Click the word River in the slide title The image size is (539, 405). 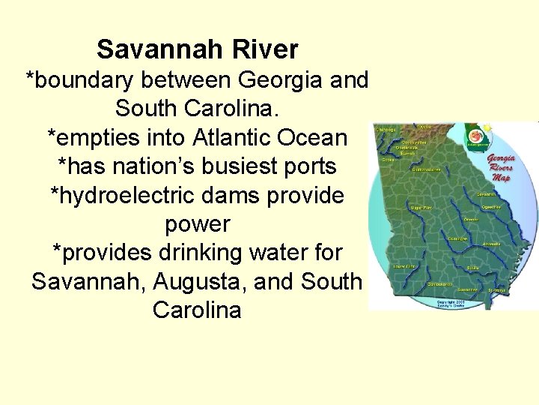tap(267, 49)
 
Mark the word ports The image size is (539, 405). tap(310, 166)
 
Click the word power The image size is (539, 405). tap(198, 224)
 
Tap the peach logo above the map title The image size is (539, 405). tap(475, 136)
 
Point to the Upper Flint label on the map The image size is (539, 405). tap(421, 207)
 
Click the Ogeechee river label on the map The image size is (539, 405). tap(490, 206)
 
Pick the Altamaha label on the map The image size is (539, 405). tap(491, 243)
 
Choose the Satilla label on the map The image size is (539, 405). tap(472, 267)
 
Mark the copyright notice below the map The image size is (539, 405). tap(453, 304)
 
